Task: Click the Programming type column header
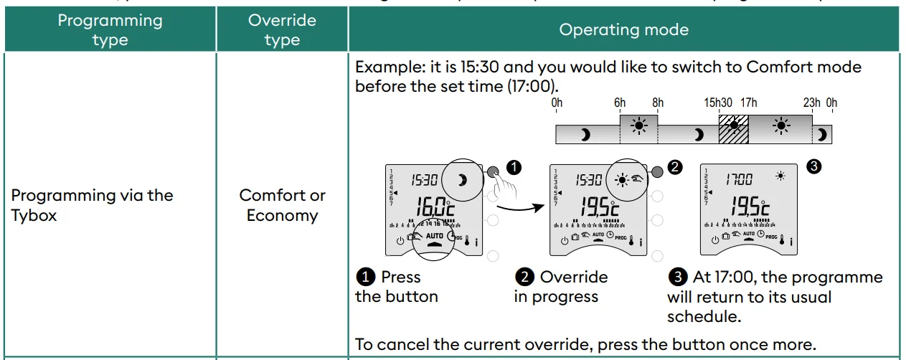(110, 29)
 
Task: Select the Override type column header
(282, 29)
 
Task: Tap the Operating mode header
(623, 29)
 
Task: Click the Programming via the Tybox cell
(93, 205)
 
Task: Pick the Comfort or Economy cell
(282, 205)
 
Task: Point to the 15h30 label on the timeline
(718, 103)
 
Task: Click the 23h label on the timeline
(811, 103)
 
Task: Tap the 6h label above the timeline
(620, 103)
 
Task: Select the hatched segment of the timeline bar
(733, 133)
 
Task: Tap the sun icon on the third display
(780, 176)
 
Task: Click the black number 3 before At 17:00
(677, 278)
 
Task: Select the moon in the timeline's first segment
(585, 134)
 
